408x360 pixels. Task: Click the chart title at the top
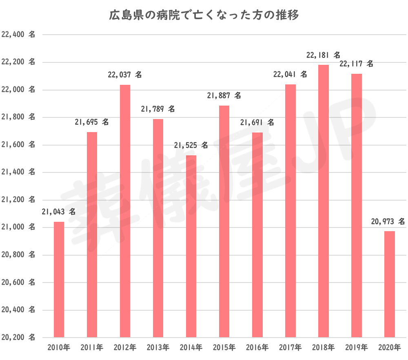[x=204, y=15]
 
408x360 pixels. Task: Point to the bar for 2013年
[x=158, y=228]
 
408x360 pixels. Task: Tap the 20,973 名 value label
[x=388, y=222]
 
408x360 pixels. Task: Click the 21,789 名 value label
[x=158, y=109]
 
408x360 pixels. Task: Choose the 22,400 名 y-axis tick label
[x=18, y=35]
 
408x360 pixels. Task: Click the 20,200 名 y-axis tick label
[x=18, y=338]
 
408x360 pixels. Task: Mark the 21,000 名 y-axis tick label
[x=18, y=227]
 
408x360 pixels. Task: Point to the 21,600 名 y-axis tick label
[x=18, y=145]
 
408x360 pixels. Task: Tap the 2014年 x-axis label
[x=191, y=348]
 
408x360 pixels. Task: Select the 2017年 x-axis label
[x=290, y=348]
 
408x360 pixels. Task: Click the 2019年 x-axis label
[x=356, y=348]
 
